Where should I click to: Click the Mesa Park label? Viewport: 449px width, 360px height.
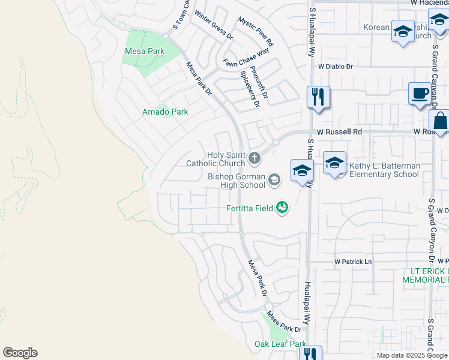click(x=144, y=52)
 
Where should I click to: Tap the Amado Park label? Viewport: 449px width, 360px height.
click(x=165, y=112)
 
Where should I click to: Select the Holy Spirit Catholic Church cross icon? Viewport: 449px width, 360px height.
click(x=255, y=159)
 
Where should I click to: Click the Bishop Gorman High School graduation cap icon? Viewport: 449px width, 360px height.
click(x=274, y=179)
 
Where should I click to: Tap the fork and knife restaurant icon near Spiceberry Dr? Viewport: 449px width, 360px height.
click(x=318, y=97)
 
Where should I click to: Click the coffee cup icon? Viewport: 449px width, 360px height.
click(x=420, y=94)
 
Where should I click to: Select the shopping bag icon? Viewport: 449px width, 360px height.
click(x=439, y=119)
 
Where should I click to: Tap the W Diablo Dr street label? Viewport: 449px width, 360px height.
click(x=336, y=67)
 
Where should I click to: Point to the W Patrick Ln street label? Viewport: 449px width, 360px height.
click(x=353, y=262)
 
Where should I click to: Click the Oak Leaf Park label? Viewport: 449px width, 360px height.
click(x=280, y=344)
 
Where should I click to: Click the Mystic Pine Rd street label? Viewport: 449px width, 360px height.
click(x=256, y=32)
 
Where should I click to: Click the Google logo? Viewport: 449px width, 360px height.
click(x=20, y=353)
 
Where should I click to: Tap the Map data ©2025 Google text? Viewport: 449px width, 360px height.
click(x=411, y=355)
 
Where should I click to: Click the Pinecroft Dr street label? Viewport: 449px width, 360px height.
click(x=259, y=82)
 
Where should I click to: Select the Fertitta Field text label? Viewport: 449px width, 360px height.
click(x=248, y=209)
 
